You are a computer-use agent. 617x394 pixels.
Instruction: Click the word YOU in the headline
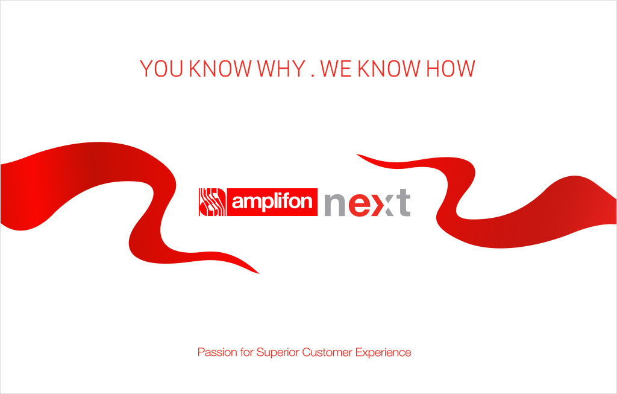[x=161, y=69]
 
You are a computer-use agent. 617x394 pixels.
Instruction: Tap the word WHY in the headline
[x=281, y=69]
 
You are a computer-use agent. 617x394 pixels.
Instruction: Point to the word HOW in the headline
[x=451, y=69]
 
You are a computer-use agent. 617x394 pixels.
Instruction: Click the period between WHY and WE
[x=313, y=75]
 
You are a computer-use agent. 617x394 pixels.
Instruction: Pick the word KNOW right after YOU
[x=220, y=69]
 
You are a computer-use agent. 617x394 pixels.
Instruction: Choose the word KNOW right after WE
[x=389, y=69]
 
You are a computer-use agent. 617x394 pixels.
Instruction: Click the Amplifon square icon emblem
[x=212, y=202]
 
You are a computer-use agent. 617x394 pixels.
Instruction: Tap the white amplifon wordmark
[x=272, y=202]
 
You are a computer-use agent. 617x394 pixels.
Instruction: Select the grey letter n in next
[x=335, y=205]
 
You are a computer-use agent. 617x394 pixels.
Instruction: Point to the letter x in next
[x=383, y=205]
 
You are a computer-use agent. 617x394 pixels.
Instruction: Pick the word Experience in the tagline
[x=383, y=352]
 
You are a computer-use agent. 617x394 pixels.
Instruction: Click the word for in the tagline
[x=246, y=352]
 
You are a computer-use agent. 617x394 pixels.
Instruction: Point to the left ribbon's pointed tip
[x=259, y=273]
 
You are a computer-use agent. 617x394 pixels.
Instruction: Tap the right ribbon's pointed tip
[x=357, y=154]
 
